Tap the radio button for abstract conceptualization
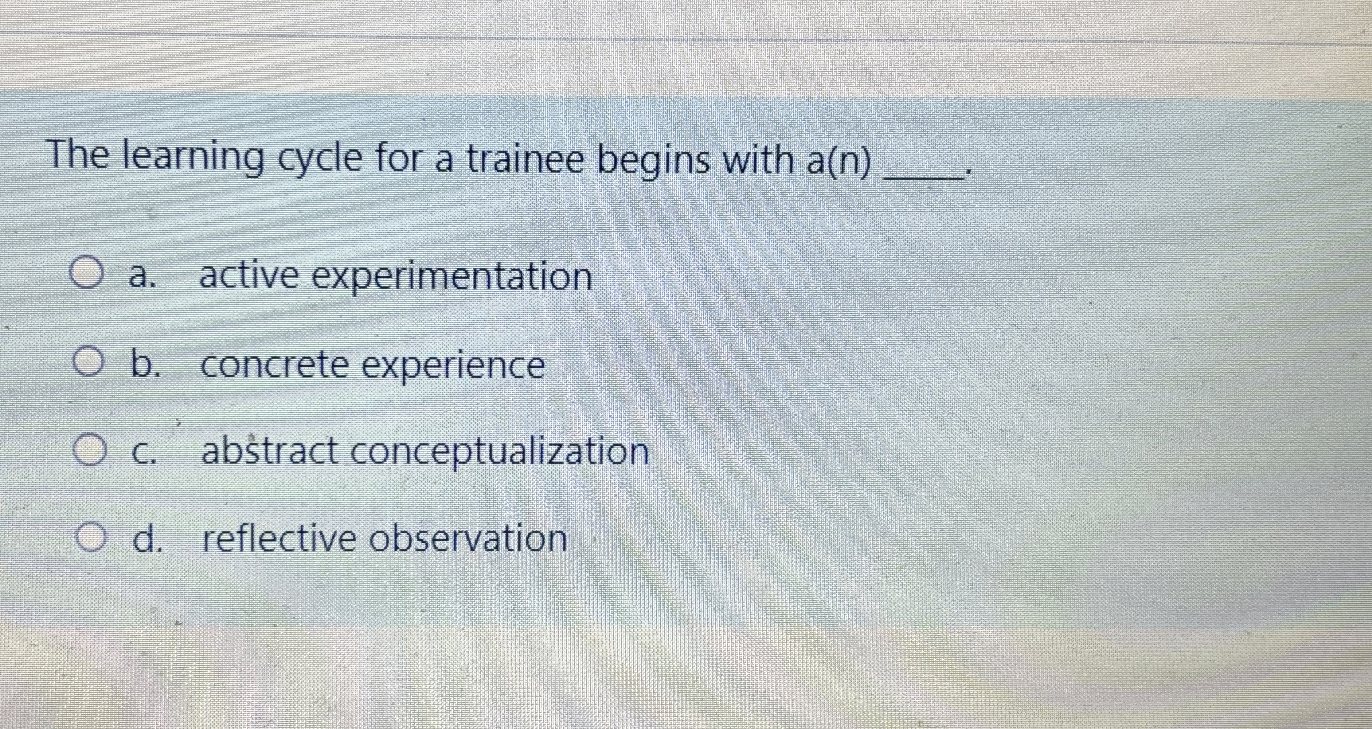click(x=89, y=451)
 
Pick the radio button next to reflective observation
click(x=90, y=538)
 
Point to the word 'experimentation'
click(x=453, y=277)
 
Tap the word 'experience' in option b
click(x=454, y=367)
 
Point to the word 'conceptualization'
click(x=500, y=452)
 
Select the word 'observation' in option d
click(x=468, y=539)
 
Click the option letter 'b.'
click(x=145, y=364)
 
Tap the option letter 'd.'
click(x=147, y=539)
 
